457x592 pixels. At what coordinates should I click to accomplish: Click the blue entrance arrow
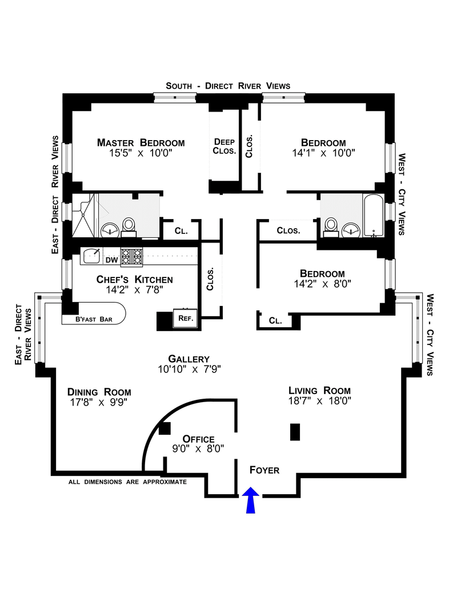coord(250,500)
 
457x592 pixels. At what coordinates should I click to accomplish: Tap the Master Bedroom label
coord(141,143)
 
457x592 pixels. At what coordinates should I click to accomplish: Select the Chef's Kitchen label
coord(135,279)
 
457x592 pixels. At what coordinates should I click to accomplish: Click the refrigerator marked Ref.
coord(186,318)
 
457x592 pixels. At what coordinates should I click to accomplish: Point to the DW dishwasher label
coord(111,260)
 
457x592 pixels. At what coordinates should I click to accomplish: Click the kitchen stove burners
coord(131,257)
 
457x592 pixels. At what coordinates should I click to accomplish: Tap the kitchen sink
coord(91,256)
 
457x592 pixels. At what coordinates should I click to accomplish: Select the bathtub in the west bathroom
coord(374,215)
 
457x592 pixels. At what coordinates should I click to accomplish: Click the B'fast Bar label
coord(94,319)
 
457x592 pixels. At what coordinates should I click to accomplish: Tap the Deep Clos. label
coord(225,146)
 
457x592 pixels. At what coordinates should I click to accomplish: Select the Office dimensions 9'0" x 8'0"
coord(198,448)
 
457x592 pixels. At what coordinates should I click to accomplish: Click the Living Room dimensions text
coord(320,400)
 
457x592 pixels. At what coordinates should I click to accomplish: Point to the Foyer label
coord(264,470)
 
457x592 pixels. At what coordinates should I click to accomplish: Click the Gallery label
coord(189,359)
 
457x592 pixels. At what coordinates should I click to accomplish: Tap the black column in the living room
coord(295,432)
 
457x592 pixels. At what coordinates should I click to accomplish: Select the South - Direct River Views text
coord(228,86)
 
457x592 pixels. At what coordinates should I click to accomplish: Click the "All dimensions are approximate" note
coord(127,482)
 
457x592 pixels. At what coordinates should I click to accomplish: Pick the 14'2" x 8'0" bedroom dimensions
coord(322,284)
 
